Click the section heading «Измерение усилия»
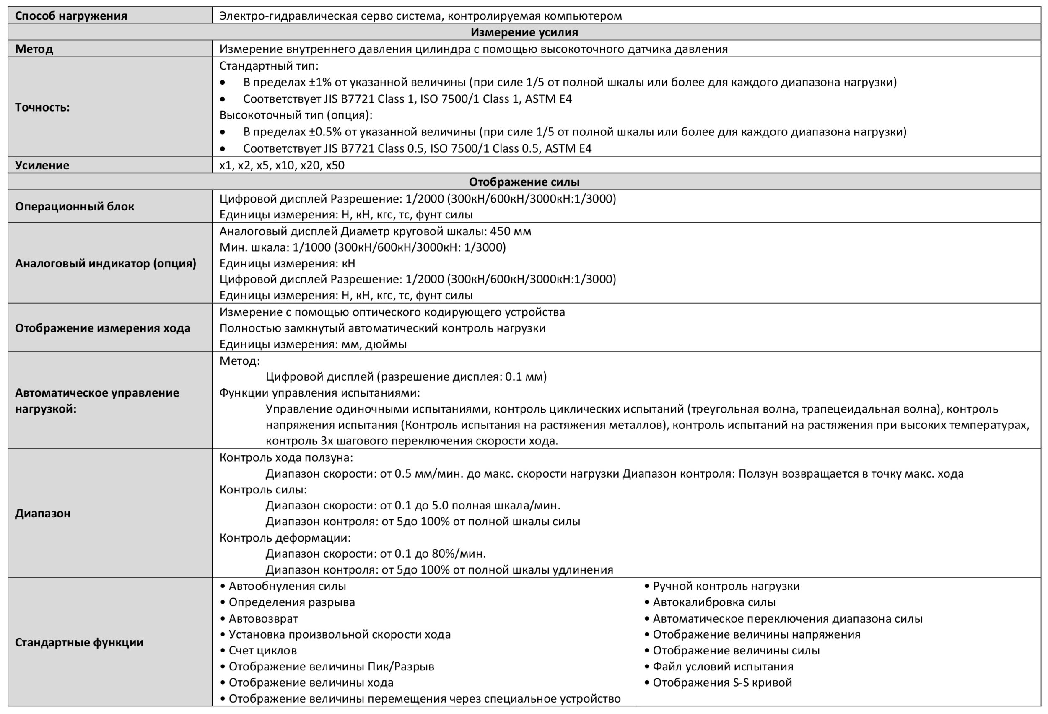point(524,32)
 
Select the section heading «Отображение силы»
point(524,182)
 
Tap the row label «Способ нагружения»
point(71,16)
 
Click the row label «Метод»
point(34,49)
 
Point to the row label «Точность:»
point(42,107)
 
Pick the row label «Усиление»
point(42,165)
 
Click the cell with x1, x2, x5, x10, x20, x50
point(282,165)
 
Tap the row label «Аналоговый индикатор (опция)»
point(106,263)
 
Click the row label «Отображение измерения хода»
point(102,328)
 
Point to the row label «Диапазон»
point(43,513)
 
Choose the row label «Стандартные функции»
point(79,642)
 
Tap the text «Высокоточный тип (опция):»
point(296,115)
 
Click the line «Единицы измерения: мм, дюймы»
point(313,344)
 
